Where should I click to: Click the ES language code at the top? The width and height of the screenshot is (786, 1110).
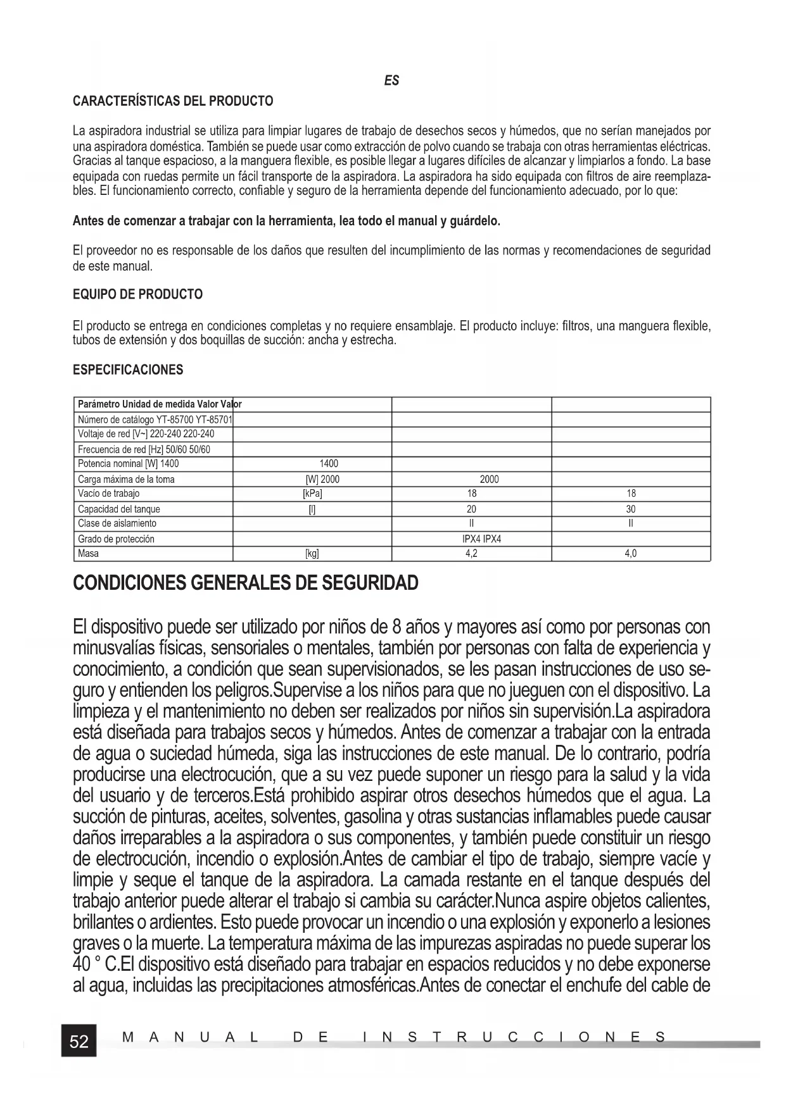(391, 80)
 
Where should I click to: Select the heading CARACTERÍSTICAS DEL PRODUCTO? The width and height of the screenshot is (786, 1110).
(173, 101)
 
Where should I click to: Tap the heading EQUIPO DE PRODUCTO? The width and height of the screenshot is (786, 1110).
(138, 294)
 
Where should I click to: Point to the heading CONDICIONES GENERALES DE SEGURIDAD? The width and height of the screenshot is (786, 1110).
(246, 583)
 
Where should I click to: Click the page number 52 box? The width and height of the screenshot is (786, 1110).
(79, 1041)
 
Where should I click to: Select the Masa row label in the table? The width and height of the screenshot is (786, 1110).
(88, 554)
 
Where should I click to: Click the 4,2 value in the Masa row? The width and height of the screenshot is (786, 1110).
(471, 554)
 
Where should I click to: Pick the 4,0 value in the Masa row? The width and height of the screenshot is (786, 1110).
(631, 554)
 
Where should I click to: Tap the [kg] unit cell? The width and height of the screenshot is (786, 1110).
(312, 554)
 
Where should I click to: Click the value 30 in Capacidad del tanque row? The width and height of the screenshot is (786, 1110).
(631, 509)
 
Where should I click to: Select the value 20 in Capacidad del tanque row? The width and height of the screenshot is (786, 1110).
(471, 509)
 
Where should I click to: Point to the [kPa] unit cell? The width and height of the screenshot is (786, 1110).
(312, 494)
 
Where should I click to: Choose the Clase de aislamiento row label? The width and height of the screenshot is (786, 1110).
(117, 523)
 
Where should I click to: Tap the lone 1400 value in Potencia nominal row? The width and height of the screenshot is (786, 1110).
(329, 464)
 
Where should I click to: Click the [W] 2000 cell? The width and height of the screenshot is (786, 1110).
(322, 479)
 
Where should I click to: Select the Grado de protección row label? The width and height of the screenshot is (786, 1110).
(116, 539)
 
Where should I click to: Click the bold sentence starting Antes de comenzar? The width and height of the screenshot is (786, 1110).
(286, 221)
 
